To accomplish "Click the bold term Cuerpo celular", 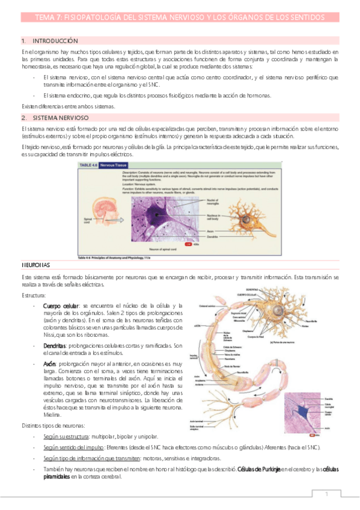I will (x=61, y=306).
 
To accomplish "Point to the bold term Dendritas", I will (x=56, y=346).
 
